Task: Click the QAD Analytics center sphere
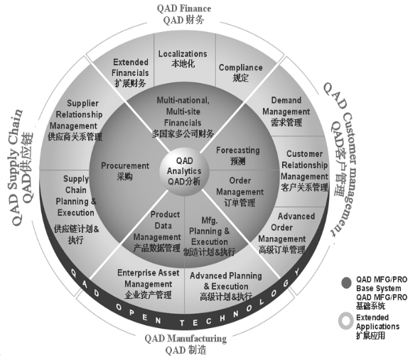coord(184,171)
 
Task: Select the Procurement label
coord(125,171)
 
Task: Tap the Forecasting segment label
coord(238,156)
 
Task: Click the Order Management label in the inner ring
coord(239,192)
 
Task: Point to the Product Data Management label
coord(157,231)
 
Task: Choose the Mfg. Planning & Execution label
coord(209,236)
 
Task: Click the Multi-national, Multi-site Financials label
coord(183,117)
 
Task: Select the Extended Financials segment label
coord(130,73)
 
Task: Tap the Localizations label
coord(183,59)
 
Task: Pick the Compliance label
coord(240,72)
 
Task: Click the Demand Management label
coord(286,111)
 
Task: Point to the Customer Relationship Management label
coord(305,170)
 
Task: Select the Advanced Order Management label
coord(286,233)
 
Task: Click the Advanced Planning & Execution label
coord(226,286)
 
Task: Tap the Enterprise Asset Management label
coord(148,284)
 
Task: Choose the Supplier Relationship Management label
coord(75,120)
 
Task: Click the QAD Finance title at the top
coord(184,14)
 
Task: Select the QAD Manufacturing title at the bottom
coord(185,344)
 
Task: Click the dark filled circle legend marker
coord(346,283)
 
